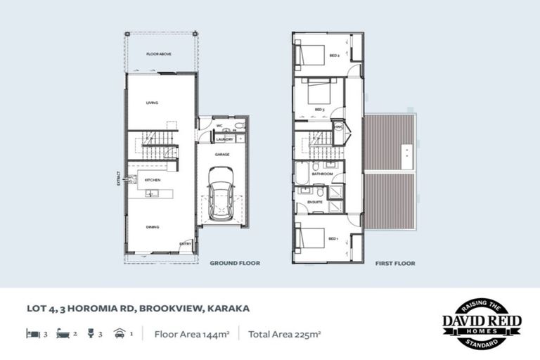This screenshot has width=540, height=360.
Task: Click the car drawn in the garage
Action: (x=221, y=195)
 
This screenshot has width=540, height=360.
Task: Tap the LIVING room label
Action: (x=152, y=103)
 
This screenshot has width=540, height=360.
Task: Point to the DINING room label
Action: (x=152, y=227)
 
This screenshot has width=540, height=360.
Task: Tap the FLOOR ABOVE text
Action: (x=155, y=53)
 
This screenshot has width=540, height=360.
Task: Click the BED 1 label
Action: (x=333, y=239)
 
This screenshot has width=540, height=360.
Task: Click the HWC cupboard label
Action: (x=338, y=127)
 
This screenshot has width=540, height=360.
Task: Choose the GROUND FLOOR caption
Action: (x=235, y=264)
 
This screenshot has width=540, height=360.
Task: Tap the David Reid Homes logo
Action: (x=481, y=324)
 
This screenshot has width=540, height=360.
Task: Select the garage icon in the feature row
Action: (x=117, y=335)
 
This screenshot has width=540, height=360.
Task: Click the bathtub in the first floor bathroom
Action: (x=303, y=173)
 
